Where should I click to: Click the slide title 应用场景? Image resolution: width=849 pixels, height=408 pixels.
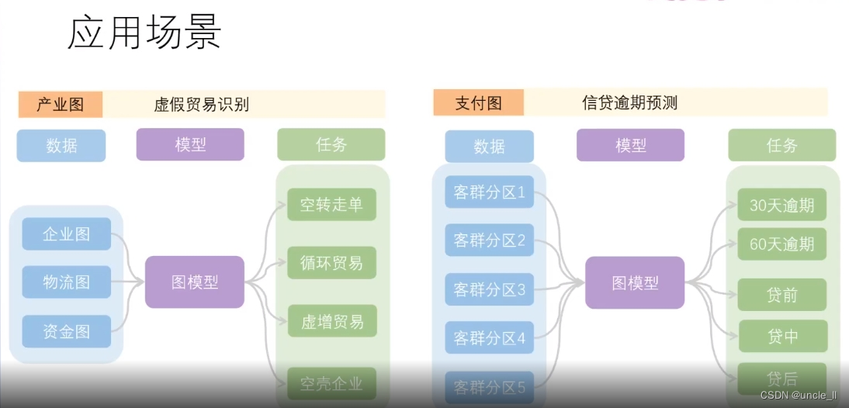(x=145, y=33)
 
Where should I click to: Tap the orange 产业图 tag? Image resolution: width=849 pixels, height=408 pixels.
(x=61, y=104)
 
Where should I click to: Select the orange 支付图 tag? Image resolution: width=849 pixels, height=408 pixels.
(x=478, y=102)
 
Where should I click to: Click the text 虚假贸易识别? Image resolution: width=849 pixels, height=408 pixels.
(x=202, y=105)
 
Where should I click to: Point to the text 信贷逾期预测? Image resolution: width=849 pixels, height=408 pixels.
(x=630, y=102)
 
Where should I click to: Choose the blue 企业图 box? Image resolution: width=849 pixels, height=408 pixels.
(x=66, y=234)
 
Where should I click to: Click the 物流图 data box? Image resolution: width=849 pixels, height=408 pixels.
(x=66, y=282)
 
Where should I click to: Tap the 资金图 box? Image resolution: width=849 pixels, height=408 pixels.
(x=66, y=331)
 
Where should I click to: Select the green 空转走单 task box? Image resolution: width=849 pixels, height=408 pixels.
(x=331, y=205)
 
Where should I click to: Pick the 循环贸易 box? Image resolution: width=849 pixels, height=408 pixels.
(x=331, y=263)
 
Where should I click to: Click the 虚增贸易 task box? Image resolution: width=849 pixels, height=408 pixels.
(x=331, y=321)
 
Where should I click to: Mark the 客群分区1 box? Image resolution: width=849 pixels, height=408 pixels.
(x=489, y=192)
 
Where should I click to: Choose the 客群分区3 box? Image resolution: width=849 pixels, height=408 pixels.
(x=489, y=289)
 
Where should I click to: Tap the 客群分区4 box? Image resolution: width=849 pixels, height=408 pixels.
(x=489, y=338)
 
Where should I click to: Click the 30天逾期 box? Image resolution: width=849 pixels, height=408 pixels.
(x=781, y=205)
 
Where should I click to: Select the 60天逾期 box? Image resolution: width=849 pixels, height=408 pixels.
(x=781, y=244)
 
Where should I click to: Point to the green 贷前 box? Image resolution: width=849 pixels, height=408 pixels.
(x=781, y=295)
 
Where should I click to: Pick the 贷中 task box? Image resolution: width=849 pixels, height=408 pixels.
(x=781, y=337)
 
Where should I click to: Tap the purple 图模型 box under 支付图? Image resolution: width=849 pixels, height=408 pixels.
(x=635, y=283)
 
